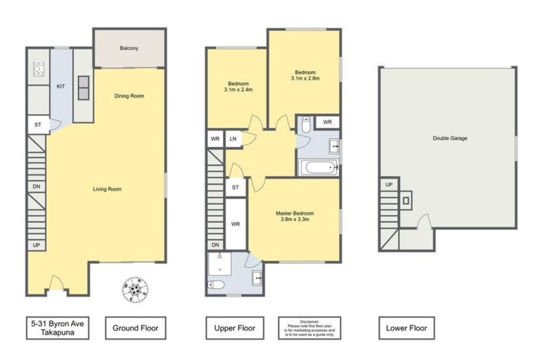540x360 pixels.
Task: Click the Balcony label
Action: click(x=129, y=48)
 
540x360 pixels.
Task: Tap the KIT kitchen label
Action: click(x=61, y=86)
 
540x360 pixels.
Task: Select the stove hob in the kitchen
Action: click(x=39, y=69)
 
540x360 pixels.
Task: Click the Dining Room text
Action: click(x=129, y=96)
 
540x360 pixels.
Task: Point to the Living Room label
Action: click(x=108, y=188)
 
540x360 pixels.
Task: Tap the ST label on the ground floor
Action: click(x=37, y=125)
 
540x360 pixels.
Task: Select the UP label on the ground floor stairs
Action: click(x=35, y=245)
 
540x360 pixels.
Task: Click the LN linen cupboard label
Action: click(x=232, y=139)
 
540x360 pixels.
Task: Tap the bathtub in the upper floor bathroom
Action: click(x=319, y=168)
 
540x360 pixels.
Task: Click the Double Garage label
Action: click(x=450, y=138)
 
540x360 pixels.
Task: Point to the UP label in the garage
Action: click(x=387, y=185)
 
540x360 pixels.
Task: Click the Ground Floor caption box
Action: click(x=135, y=328)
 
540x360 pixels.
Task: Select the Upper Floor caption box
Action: click(x=234, y=328)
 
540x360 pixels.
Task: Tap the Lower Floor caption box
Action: click(x=406, y=328)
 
